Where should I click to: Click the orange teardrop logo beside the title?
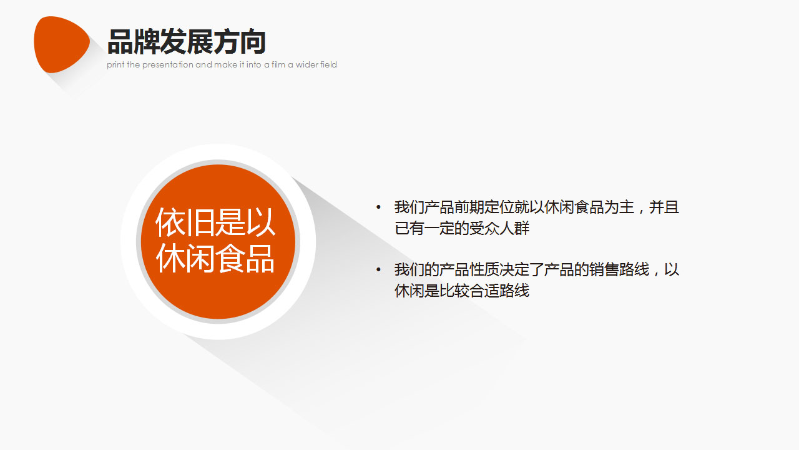[x=61, y=44]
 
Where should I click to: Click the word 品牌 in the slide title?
[x=134, y=42]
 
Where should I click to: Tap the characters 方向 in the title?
[x=240, y=42]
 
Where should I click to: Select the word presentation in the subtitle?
[x=168, y=65]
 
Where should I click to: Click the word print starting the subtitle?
[x=115, y=65]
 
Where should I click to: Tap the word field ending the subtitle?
[x=328, y=64]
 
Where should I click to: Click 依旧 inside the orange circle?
[x=185, y=223]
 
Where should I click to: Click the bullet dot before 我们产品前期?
[x=378, y=207]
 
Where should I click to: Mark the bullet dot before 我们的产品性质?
[x=378, y=269]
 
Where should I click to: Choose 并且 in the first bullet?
[x=664, y=207]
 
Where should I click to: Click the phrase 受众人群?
[x=499, y=228]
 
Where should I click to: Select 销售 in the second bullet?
[x=604, y=269]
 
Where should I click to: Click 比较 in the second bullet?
[x=454, y=291]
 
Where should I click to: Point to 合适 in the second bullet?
[x=484, y=291]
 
